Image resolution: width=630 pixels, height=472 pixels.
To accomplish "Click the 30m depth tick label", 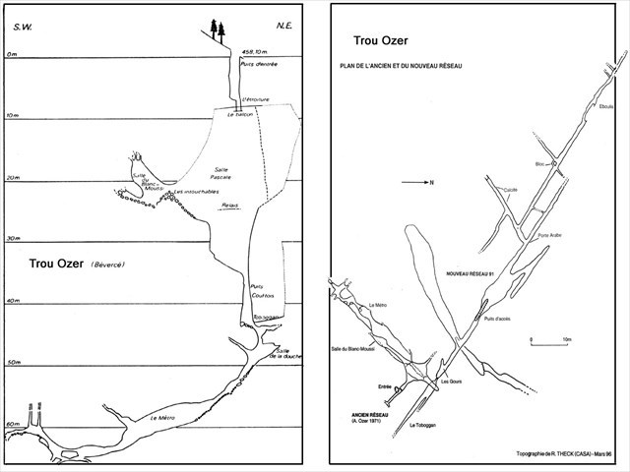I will (x=12, y=239).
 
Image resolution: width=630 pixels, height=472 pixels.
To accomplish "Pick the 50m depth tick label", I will (x=13, y=362).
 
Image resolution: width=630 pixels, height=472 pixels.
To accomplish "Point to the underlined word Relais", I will (x=230, y=206).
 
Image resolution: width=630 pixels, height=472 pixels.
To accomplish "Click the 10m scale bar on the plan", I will (x=548, y=341).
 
